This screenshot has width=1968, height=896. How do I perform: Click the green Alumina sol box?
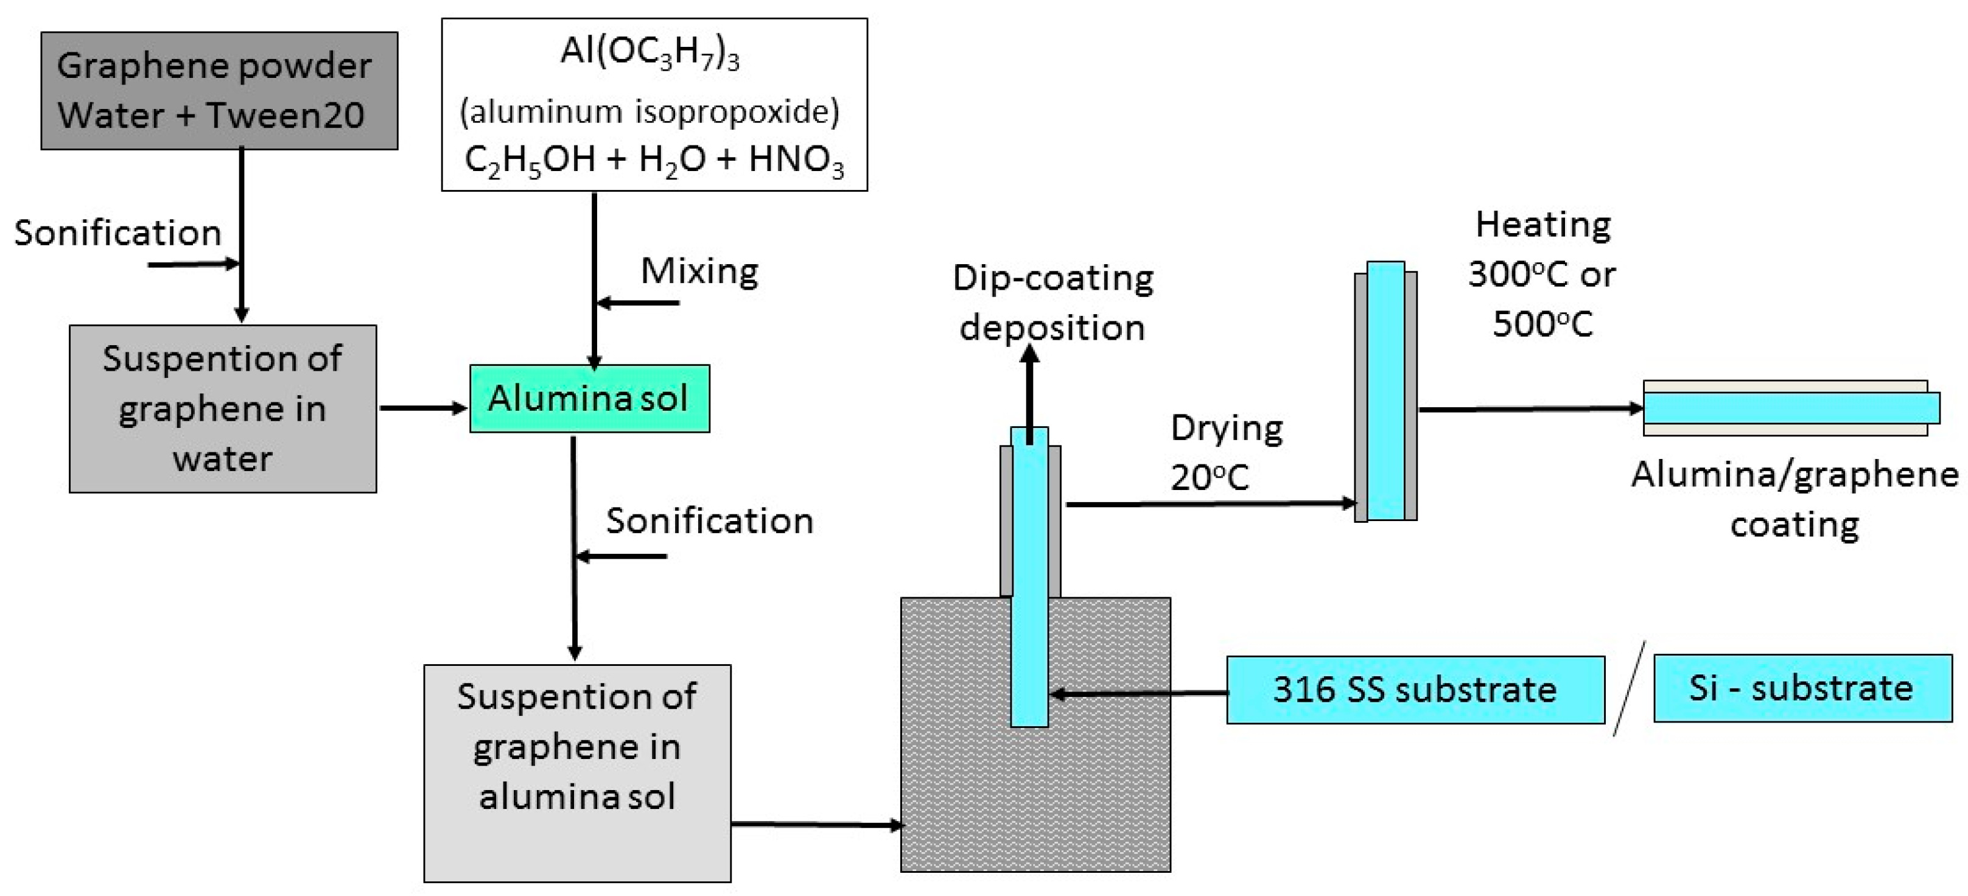(x=589, y=399)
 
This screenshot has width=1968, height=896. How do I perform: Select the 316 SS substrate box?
(x=1415, y=689)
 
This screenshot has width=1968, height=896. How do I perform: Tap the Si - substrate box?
(x=1802, y=688)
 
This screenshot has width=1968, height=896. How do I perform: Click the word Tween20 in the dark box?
(x=284, y=115)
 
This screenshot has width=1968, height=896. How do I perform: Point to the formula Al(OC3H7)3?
(x=650, y=53)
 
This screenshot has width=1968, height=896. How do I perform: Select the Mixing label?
(x=699, y=271)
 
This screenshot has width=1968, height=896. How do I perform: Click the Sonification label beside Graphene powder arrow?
(x=117, y=233)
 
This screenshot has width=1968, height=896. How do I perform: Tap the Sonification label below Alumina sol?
(x=709, y=521)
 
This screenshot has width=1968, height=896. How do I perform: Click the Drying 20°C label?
(x=1225, y=452)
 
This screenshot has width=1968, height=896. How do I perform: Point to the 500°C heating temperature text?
(x=1542, y=324)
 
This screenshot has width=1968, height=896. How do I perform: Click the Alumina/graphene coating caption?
(x=1795, y=500)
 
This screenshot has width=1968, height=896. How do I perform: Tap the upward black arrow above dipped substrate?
(x=1030, y=393)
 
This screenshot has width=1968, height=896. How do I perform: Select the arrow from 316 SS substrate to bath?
(x=1138, y=693)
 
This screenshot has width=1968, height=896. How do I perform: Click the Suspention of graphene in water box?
(x=222, y=408)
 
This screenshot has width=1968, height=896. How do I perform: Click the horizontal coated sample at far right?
(x=1788, y=408)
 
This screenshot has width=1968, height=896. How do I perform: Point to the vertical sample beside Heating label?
(x=1385, y=391)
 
